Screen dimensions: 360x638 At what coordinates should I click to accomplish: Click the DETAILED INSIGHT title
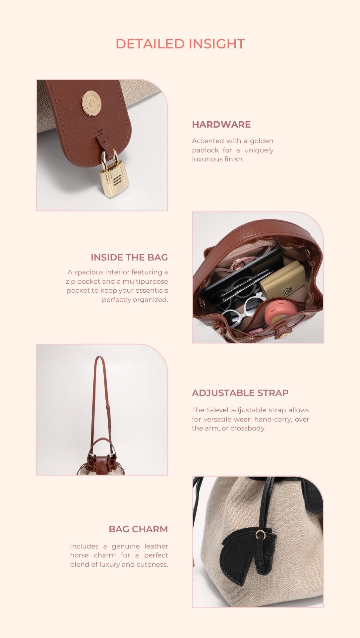pyautogui.click(x=180, y=44)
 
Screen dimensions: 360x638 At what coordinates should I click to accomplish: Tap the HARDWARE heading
pyautogui.click(x=221, y=125)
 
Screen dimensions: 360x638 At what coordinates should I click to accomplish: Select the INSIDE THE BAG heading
pyautogui.click(x=129, y=258)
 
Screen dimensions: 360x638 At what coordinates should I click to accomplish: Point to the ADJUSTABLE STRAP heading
pyautogui.click(x=240, y=393)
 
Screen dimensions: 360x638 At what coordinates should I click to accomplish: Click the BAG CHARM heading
pyautogui.click(x=138, y=529)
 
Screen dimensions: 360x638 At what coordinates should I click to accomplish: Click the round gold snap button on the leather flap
pyautogui.click(x=91, y=103)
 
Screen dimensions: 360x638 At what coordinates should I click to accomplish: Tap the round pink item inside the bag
pyautogui.click(x=278, y=313)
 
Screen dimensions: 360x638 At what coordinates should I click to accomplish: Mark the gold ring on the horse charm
pyautogui.click(x=261, y=535)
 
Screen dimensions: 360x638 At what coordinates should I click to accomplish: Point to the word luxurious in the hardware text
pyautogui.click(x=206, y=159)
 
